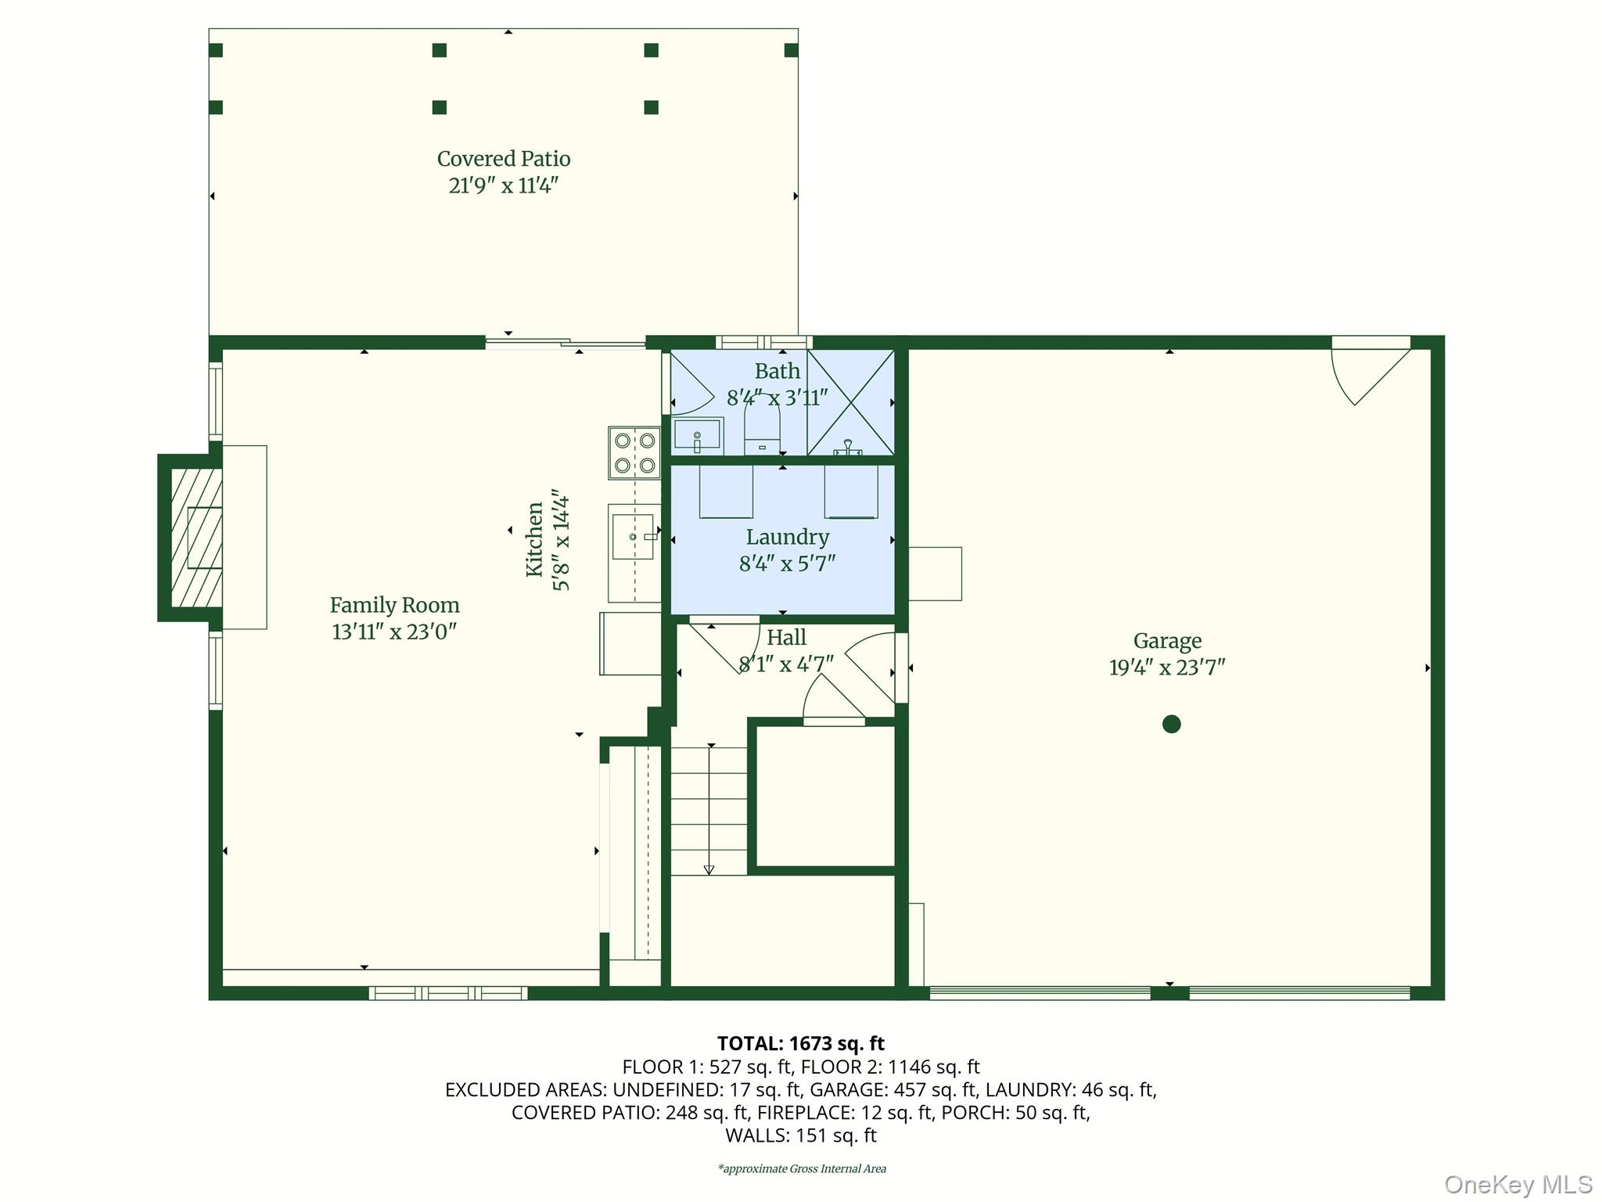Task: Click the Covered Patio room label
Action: pos(504,159)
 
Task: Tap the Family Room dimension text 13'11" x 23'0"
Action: pos(394,632)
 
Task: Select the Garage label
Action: pos(1167,641)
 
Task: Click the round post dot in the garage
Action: pos(1171,724)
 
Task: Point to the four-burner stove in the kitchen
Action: pos(634,452)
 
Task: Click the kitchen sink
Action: pos(633,536)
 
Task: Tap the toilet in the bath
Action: pos(763,434)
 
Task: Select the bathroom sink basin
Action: pos(697,435)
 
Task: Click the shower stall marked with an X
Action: pos(851,402)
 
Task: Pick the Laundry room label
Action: pos(787,537)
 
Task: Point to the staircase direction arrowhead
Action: pos(709,869)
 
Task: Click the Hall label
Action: pos(786,638)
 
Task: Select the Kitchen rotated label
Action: pos(534,540)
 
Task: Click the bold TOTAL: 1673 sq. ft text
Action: pos(800,1043)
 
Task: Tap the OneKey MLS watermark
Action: pos(1518,1184)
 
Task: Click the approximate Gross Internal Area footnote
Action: pos(802,1169)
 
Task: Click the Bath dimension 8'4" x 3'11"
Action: pos(777,398)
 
